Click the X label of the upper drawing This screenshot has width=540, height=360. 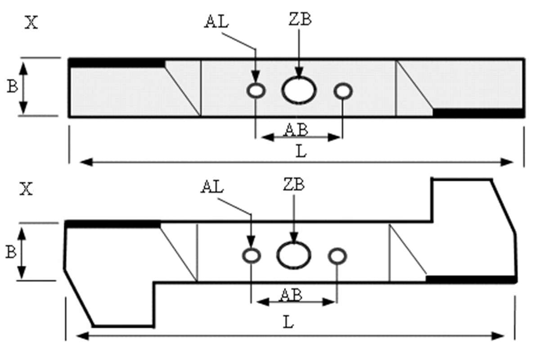tap(31, 22)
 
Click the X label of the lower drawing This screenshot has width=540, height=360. tap(26, 189)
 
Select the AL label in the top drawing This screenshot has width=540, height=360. tap(216, 22)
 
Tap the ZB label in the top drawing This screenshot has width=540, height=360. tap(300, 19)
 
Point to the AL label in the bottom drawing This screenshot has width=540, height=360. tap(212, 187)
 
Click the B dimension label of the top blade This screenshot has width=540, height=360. tap(12, 86)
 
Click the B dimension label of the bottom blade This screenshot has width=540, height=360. tap(11, 252)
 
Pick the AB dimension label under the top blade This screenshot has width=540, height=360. tap(296, 130)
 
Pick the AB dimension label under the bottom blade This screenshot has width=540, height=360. tap(291, 295)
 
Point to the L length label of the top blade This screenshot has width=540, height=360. tap(301, 152)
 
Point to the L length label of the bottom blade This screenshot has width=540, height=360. tap(288, 322)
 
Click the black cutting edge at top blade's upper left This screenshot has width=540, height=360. tap(117, 63)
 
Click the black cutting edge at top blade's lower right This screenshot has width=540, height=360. tap(478, 113)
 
